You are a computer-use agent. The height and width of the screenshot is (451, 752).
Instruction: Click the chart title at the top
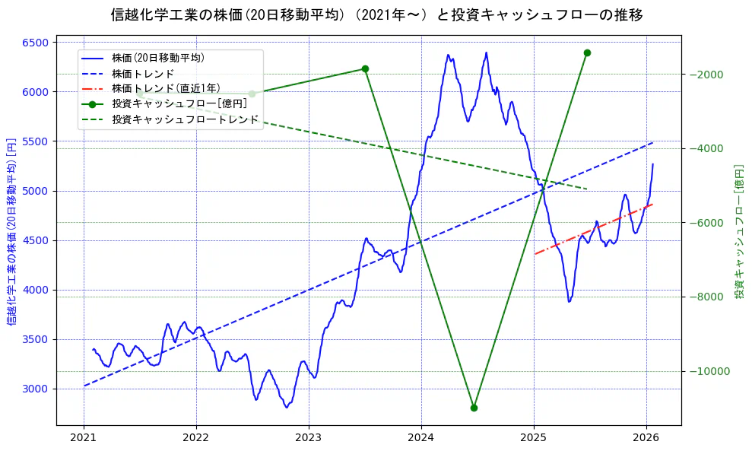pyautogui.click(x=376, y=15)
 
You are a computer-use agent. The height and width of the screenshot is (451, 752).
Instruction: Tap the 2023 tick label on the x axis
pyautogui.click(x=309, y=438)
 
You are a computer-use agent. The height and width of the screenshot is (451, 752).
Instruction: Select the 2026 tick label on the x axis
pyautogui.click(x=646, y=438)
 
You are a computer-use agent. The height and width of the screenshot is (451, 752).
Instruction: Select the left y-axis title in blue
pyautogui.click(x=11, y=232)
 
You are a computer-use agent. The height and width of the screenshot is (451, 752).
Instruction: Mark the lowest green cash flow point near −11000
pyautogui.click(x=474, y=408)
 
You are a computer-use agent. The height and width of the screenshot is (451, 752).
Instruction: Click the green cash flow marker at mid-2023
pyautogui.click(x=365, y=68)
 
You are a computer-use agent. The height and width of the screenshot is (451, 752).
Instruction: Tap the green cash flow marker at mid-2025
pyautogui.click(x=587, y=52)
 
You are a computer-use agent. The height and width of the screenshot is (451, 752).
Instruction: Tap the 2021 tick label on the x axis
pyautogui.click(x=83, y=438)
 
